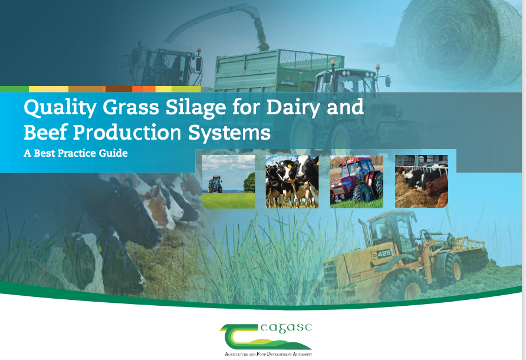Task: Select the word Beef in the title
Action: [45, 132]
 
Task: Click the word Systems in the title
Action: [229, 133]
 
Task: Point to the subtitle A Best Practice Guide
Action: [75, 153]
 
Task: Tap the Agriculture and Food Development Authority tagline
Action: [268, 354]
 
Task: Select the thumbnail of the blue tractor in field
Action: [228, 181]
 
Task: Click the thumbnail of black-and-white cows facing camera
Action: [292, 181]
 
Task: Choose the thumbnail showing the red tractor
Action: [357, 181]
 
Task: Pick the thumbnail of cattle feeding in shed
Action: [422, 181]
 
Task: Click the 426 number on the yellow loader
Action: [384, 254]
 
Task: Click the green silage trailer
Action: [278, 70]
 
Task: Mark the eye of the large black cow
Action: [137, 206]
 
